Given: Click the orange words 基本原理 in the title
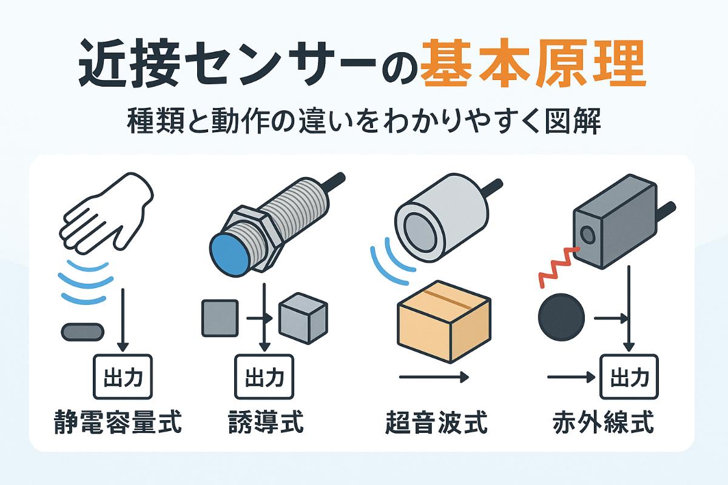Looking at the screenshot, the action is (x=533, y=63).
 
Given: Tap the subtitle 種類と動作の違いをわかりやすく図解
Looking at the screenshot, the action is (x=364, y=122).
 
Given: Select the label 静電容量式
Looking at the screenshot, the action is (x=118, y=422).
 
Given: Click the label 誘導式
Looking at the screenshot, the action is (x=266, y=422).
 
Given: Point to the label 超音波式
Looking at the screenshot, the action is (x=436, y=422).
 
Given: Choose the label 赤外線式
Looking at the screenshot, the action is (x=603, y=422).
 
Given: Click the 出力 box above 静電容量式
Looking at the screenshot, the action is (x=123, y=377).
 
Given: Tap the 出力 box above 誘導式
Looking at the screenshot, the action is (x=265, y=377).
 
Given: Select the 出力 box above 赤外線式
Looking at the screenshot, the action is (x=629, y=377).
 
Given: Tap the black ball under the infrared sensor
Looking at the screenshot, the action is (x=561, y=316).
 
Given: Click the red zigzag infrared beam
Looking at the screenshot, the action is (x=558, y=267).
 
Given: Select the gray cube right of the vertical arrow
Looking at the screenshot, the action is (x=303, y=318).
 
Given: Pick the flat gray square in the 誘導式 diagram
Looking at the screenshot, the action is (x=220, y=318).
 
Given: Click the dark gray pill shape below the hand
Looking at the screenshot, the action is (x=83, y=332).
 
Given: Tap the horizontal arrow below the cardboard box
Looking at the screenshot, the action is (x=434, y=377).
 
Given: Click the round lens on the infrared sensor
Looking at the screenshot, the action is (x=587, y=235).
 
